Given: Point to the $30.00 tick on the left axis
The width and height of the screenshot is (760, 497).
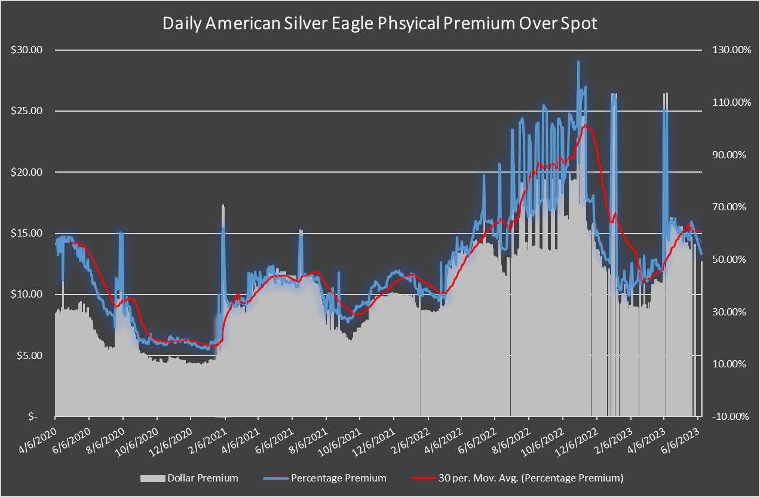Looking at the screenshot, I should [x=26, y=50].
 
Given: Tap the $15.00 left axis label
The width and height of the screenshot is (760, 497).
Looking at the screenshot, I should [x=26, y=233].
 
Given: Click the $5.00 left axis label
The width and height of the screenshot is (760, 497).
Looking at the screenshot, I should [x=28, y=355].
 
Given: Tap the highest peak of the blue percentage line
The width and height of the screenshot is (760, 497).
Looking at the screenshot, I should [x=578, y=62].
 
